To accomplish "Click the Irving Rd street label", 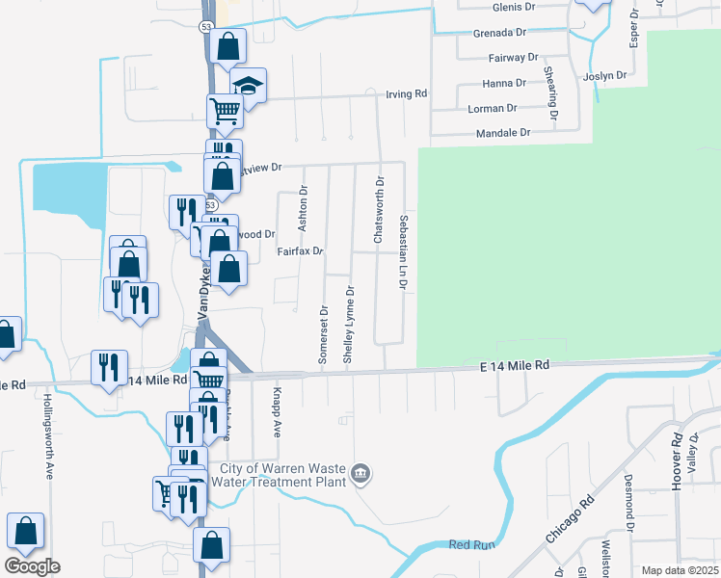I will [x=406, y=94].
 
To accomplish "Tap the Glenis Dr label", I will [x=513, y=7].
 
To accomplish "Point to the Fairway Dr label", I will [x=513, y=58].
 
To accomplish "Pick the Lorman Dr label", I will [x=493, y=109].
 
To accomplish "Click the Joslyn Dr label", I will [x=605, y=75].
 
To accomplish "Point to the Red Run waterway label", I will [x=471, y=545].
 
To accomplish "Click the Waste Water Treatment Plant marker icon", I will [x=360, y=473].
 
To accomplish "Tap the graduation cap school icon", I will [x=249, y=85].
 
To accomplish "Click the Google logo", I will [x=32, y=565].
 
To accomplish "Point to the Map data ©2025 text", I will [x=679, y=570].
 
